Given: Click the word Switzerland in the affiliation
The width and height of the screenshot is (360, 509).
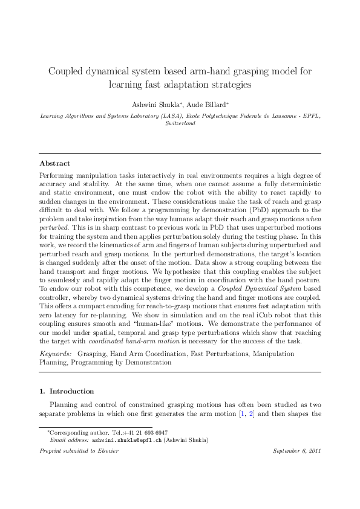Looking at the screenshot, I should pyautogui.click(x=180, y=123).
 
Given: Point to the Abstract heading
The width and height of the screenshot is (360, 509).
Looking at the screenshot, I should pyautogui.click(x=54, y=163).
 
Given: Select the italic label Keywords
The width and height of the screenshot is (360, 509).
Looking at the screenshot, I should pyautogui.click(x=54, y=352).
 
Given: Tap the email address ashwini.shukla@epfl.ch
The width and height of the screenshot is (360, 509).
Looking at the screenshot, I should pyautogui.click(x=127, y=441).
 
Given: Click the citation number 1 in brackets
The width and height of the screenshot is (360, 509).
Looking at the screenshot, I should pyautogui.click(x=243, y=413).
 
